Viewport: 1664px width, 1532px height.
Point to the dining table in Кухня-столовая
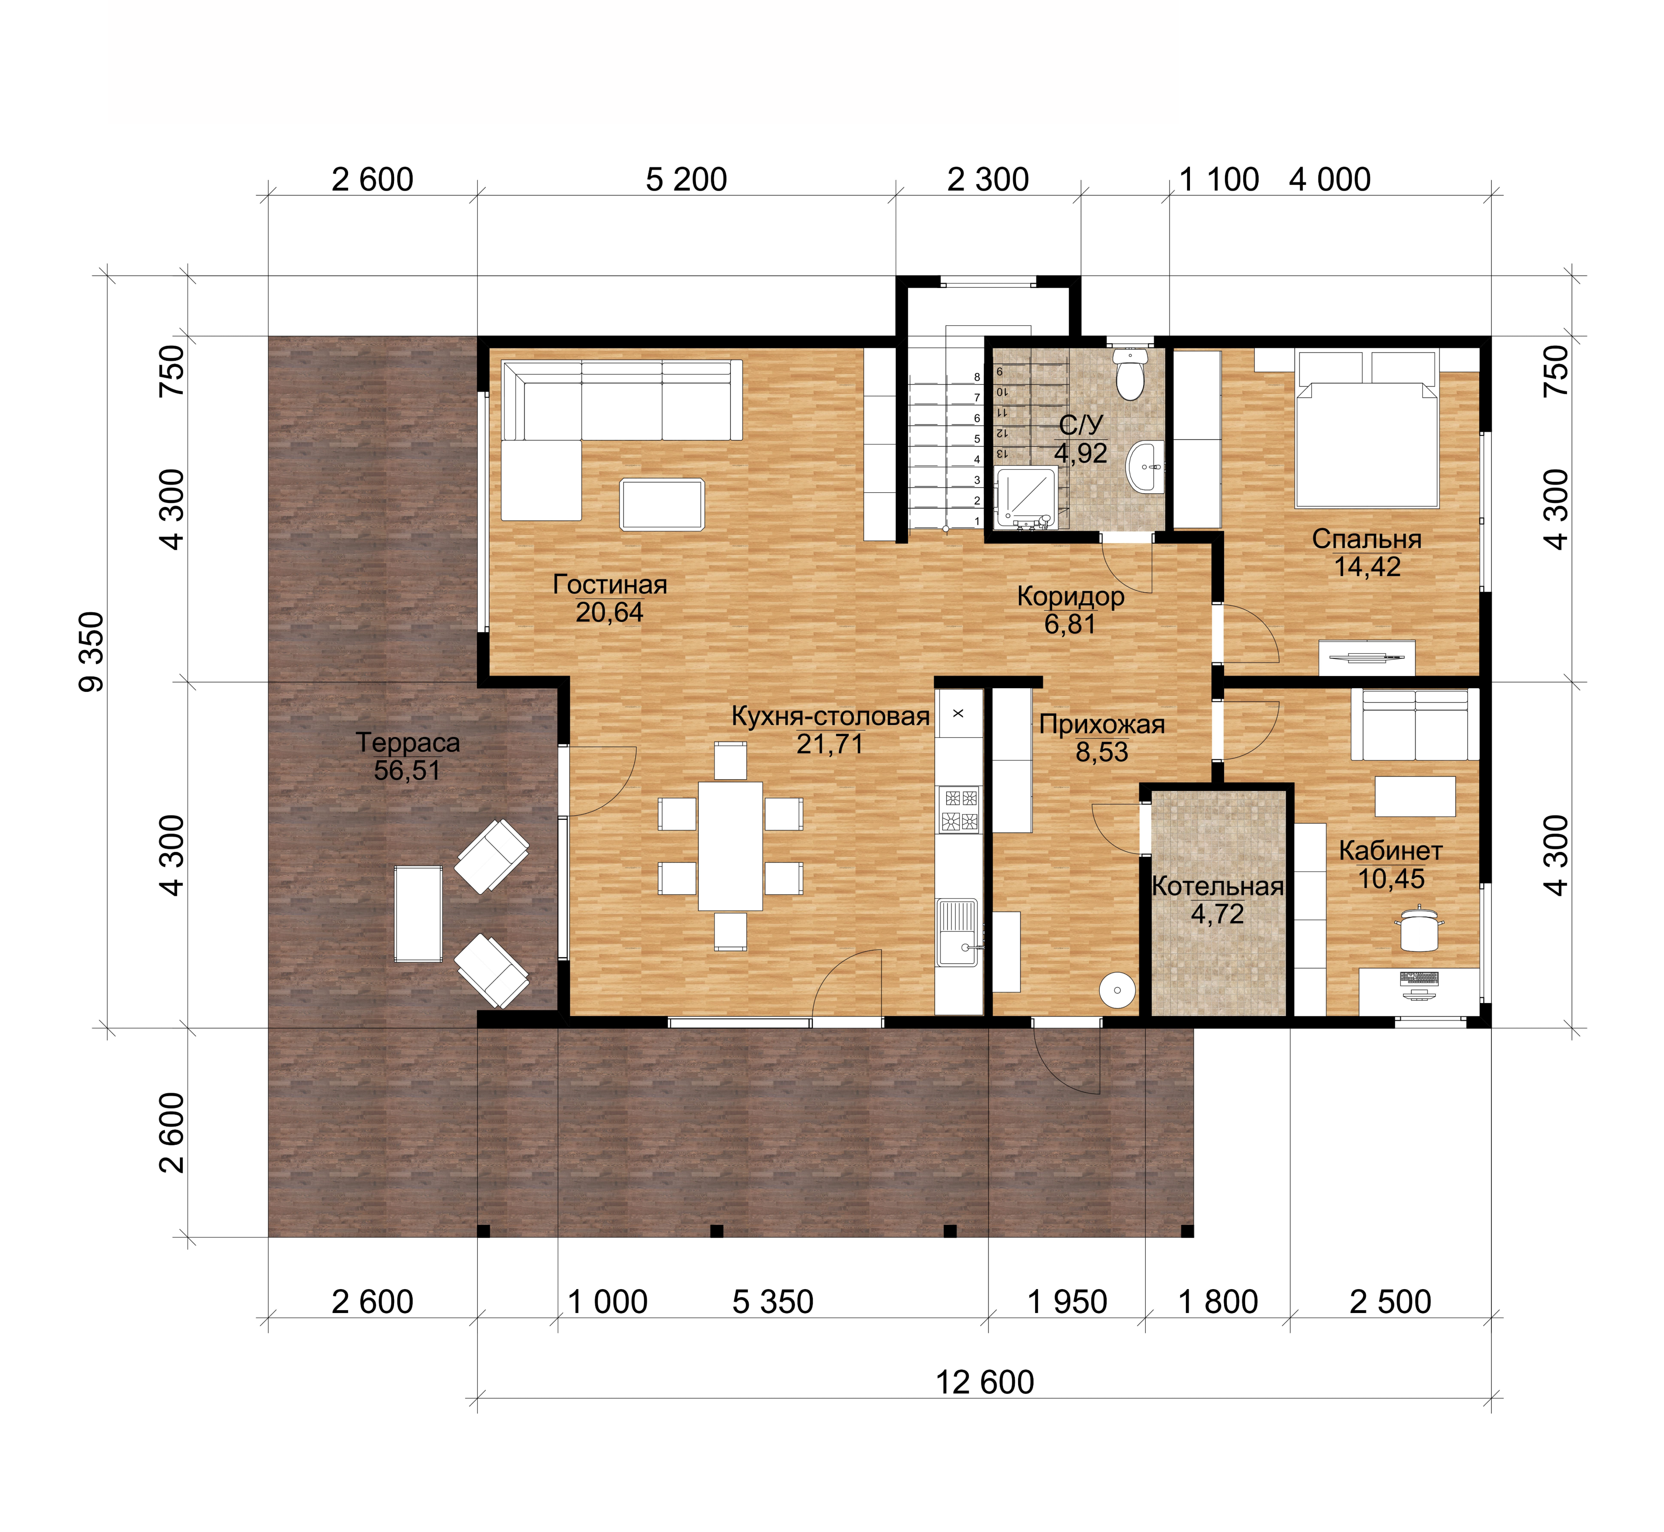point(730,845)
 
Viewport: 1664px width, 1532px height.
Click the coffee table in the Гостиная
point(661,504)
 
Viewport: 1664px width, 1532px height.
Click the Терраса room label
point(407,742)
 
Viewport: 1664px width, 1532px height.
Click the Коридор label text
point(1070,596)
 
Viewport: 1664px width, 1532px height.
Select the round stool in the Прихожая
point(1118,990)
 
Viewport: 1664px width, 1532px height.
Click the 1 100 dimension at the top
point(1219,179)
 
